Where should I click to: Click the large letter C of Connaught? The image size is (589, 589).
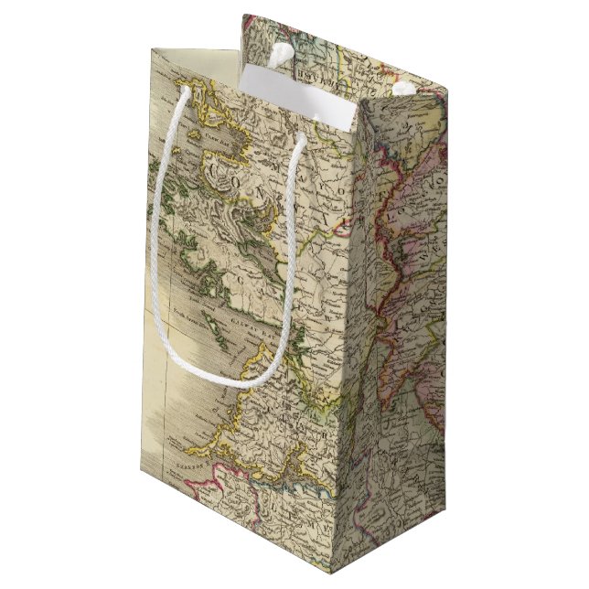(216, 170)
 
